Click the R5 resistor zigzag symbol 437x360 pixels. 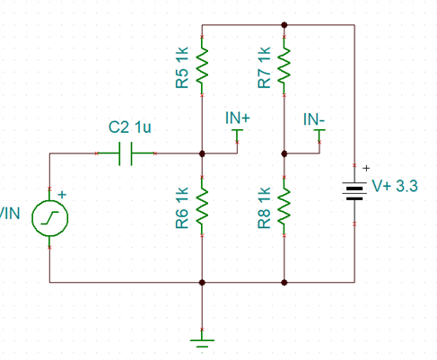202,66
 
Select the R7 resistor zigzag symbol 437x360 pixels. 284,66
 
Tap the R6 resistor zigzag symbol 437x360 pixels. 202,206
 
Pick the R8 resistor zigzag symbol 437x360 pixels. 284,206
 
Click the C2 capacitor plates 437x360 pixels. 126,154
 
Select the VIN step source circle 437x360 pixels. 50,218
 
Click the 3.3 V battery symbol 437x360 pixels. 354,190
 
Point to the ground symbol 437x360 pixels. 202,343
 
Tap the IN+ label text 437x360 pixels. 238,118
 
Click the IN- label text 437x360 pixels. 314,119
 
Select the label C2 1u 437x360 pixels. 129,127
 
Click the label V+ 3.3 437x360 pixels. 395,186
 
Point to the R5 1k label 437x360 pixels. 182,67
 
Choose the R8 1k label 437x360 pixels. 264,207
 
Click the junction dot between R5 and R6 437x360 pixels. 202,154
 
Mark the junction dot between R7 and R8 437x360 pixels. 284,154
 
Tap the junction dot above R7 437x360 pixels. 284,25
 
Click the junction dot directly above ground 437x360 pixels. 202,282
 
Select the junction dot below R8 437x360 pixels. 284,282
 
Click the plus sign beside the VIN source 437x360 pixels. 62,195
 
